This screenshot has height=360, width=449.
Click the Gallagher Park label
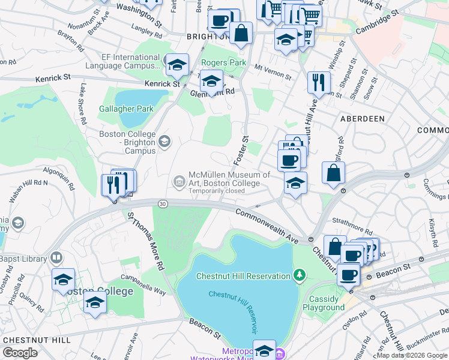coord(127,109)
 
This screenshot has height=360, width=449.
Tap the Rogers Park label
coord(223,62)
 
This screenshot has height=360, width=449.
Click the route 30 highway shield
coord(163,204)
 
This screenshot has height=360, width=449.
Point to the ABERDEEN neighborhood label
coord(362,119)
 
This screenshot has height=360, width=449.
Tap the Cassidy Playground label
coord(327,303)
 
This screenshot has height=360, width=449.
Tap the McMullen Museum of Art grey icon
coord(179,181)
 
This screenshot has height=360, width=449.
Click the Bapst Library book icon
coord(56,259)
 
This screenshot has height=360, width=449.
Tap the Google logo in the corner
coord(20,353)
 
